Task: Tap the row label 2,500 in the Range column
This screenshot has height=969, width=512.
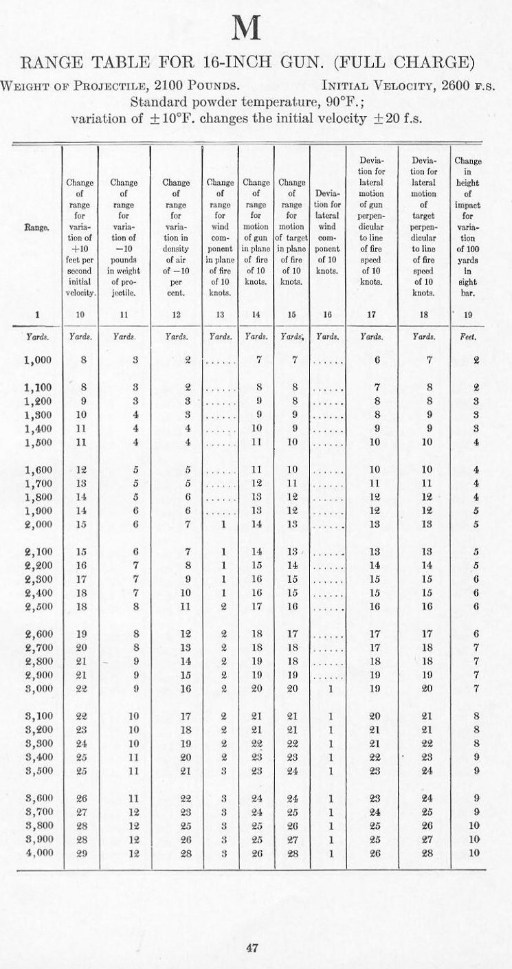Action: [38, 606]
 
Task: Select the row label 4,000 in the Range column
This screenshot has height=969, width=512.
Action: [38, 852]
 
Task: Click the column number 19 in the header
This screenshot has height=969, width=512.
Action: [476, 314]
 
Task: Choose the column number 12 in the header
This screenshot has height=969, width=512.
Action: [176, 314]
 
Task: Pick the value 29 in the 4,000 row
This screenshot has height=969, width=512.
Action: [81, 852]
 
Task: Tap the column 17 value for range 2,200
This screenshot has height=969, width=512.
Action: [375, 565]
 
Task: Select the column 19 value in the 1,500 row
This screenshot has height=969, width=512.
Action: [476, 443]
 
